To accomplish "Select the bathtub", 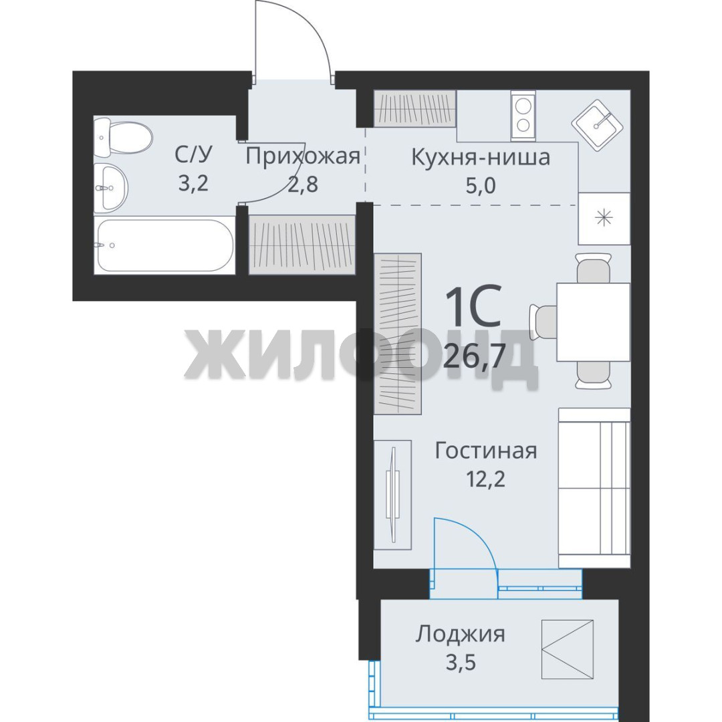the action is [x=164, y=245].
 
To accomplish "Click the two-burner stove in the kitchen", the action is [x=523, y=115].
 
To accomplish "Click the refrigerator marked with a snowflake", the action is [x=604, y=218].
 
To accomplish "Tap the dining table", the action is [x=593, y=322].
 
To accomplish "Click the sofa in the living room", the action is [x=594, y=487].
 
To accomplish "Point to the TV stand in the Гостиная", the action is [x=392, y=495].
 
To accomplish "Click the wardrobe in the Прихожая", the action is [x=302, y=245].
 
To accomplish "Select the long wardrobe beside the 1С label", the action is [x=398, y=334].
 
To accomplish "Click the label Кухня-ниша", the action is [x=480, y=157].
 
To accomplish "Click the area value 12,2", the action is [x=486, y=479].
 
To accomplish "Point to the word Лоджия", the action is [x=460, y=635].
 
